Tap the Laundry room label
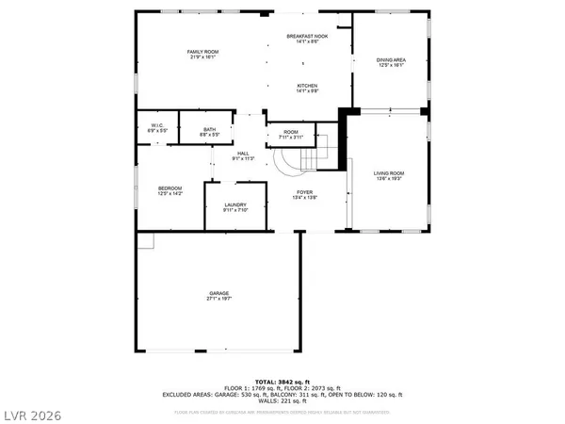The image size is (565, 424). pyautogui.click(x=235, y=206)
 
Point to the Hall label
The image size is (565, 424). pyautogui.click(x=242, y=155)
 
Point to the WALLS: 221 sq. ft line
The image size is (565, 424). pyautogui.click(x=283, y=400)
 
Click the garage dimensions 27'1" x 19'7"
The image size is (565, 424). pyautogui.click(x=219, y=299)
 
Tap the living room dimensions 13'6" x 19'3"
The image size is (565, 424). pyautogui.click(x=389, y=178)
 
